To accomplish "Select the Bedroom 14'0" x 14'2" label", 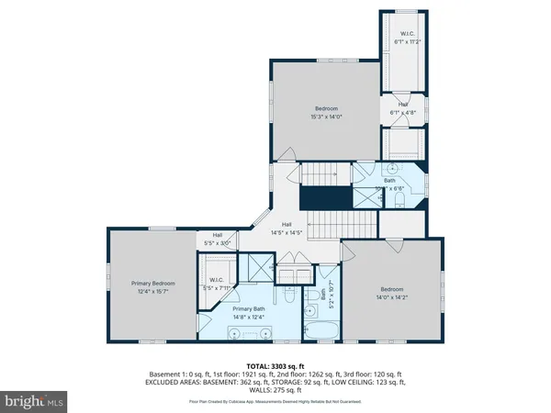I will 390,293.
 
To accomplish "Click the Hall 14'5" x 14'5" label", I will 287,229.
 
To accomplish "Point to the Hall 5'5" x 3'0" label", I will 217,239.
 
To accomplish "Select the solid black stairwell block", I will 329,197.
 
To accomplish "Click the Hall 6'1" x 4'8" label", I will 402,108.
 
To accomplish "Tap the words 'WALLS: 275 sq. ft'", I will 275,392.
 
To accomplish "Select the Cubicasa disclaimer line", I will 275,402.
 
